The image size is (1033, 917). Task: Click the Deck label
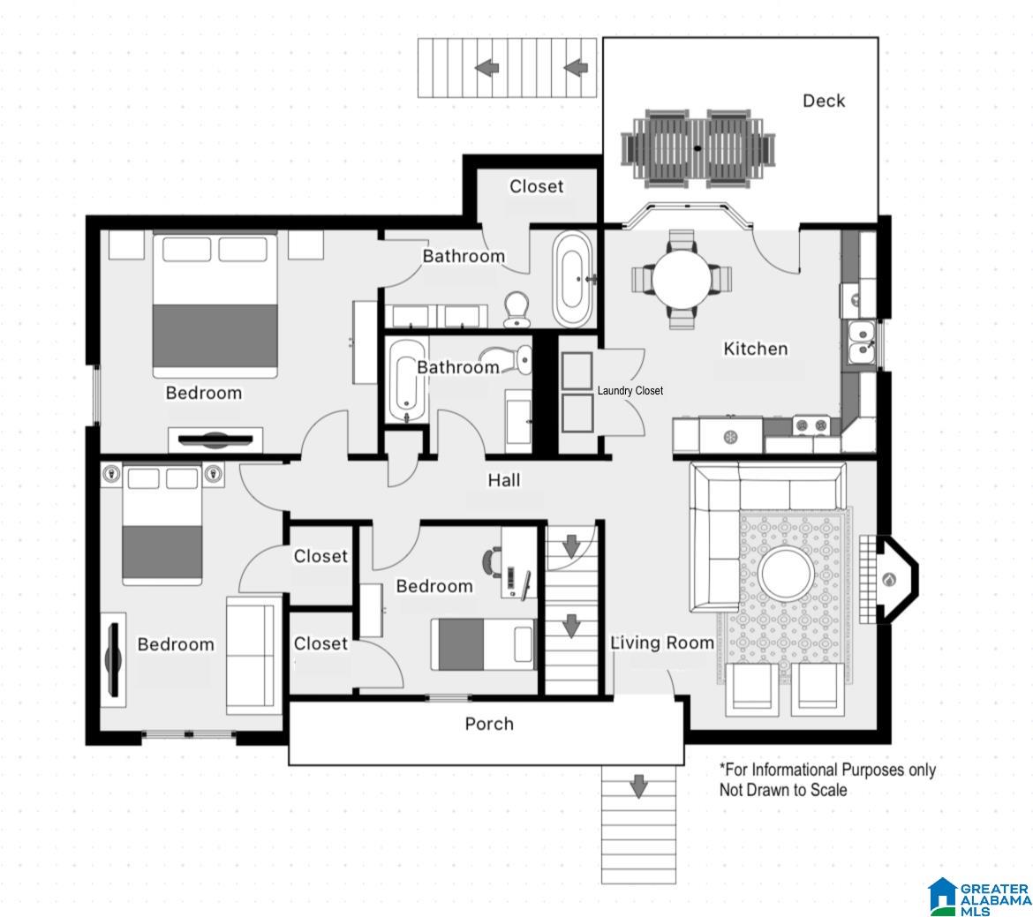824,101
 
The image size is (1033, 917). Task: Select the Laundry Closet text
630,391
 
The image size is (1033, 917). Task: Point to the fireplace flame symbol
889,580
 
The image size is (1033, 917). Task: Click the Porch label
489,724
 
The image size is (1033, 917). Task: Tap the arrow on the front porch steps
637,785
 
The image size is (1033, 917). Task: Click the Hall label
504,480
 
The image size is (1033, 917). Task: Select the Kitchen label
756,349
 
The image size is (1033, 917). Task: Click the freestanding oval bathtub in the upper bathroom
572,279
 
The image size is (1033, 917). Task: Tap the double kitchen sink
861,342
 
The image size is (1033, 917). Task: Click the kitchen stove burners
811,425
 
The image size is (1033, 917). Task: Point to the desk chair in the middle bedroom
490,562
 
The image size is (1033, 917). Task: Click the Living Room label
662,643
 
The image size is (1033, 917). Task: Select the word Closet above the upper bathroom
536,186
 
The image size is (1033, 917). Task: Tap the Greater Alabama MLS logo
979,898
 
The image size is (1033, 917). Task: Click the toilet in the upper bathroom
517,310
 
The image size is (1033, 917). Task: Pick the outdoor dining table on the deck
698,147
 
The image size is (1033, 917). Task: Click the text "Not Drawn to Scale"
782,790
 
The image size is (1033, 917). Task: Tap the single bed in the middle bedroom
483,644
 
